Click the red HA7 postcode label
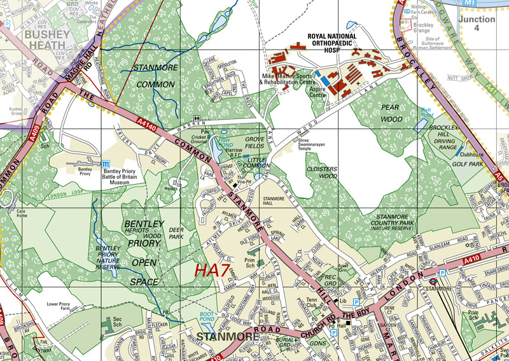click(x=212, y=270)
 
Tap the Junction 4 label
click(x=477, y=24)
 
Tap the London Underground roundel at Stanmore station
click(x=432, y=279)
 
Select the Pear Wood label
click(x=391, y=113)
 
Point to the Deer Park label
click(x=176, y=233)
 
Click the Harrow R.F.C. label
click(x=231, y=155)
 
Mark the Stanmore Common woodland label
click(x=154, y=75)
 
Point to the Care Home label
click(x=22, y=213)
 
